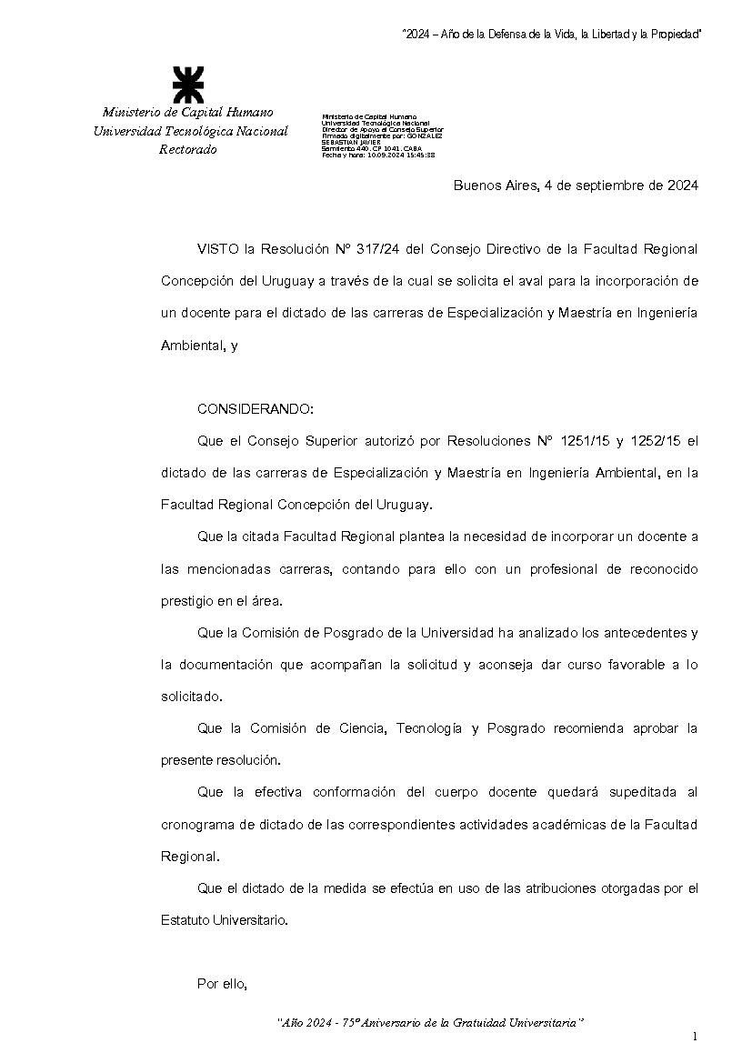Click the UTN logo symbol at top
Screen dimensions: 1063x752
(188, 85)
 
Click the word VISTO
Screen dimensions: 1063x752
(216, 248)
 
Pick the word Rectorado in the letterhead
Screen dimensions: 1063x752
(188, 150)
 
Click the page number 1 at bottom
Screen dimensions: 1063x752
(694, 1036)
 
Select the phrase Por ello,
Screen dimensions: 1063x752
(223, 983)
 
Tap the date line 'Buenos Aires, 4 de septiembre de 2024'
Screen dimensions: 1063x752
(576, 186)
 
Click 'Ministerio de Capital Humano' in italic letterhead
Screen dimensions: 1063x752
(187, 112)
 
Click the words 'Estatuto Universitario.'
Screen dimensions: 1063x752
(224, 919)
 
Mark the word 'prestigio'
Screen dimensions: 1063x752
(187, 601)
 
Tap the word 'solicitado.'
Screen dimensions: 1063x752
(191, 697)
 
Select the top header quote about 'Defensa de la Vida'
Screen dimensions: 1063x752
(552, 34)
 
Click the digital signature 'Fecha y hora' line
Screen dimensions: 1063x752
(378, 155)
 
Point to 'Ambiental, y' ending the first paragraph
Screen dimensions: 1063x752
(199, 346)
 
